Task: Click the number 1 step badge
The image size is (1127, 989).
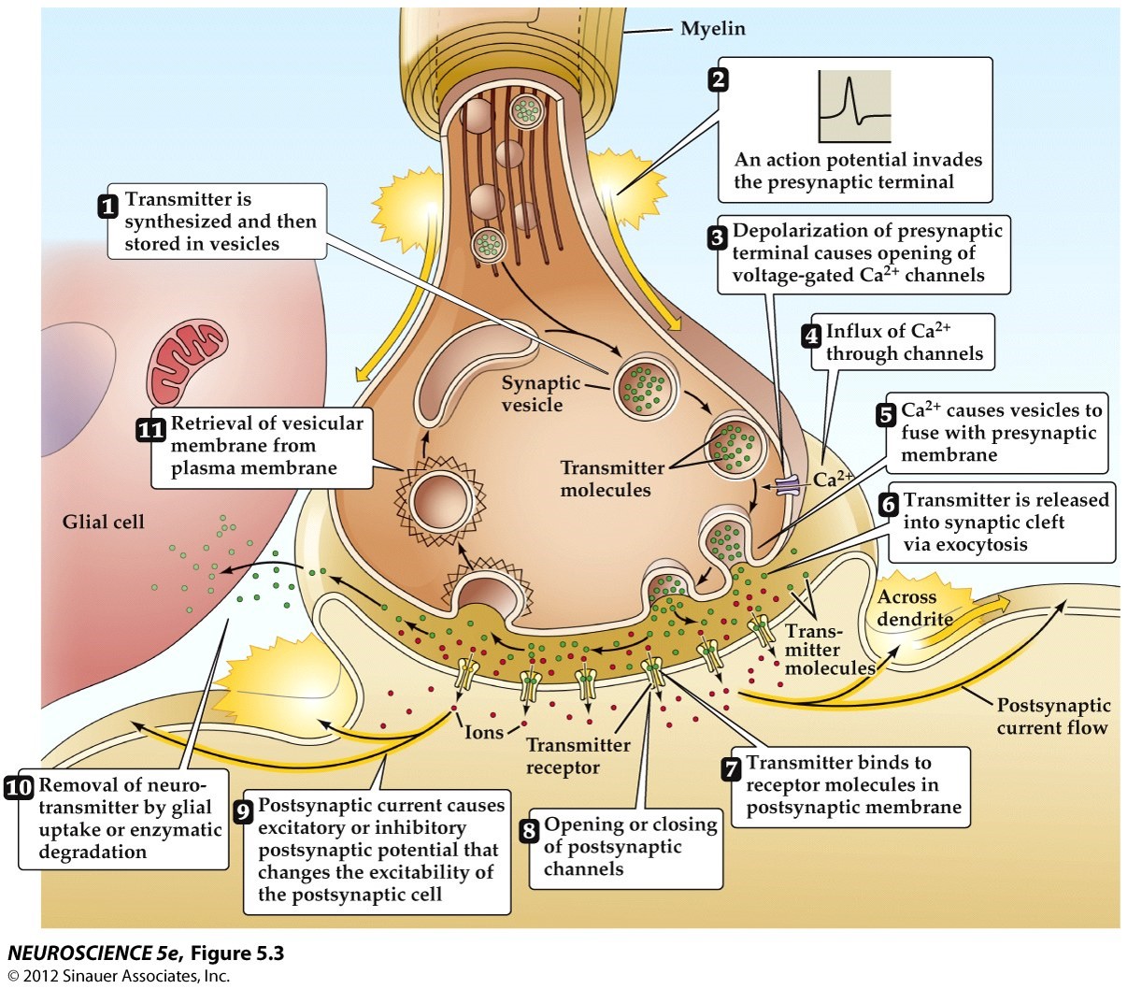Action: (109, 206)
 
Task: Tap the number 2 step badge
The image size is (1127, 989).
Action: (718, 79)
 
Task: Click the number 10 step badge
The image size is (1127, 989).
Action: (19, 787)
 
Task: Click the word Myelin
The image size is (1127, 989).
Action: (713, 29)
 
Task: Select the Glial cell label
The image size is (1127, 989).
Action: (104, 522)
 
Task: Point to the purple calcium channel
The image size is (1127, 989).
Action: (788, 485)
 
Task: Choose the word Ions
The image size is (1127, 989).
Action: (484, 732)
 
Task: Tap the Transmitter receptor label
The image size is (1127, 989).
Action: (578, 756)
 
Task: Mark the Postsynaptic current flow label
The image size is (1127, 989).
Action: (1052, 717)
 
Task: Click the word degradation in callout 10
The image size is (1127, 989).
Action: (93, 852)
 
